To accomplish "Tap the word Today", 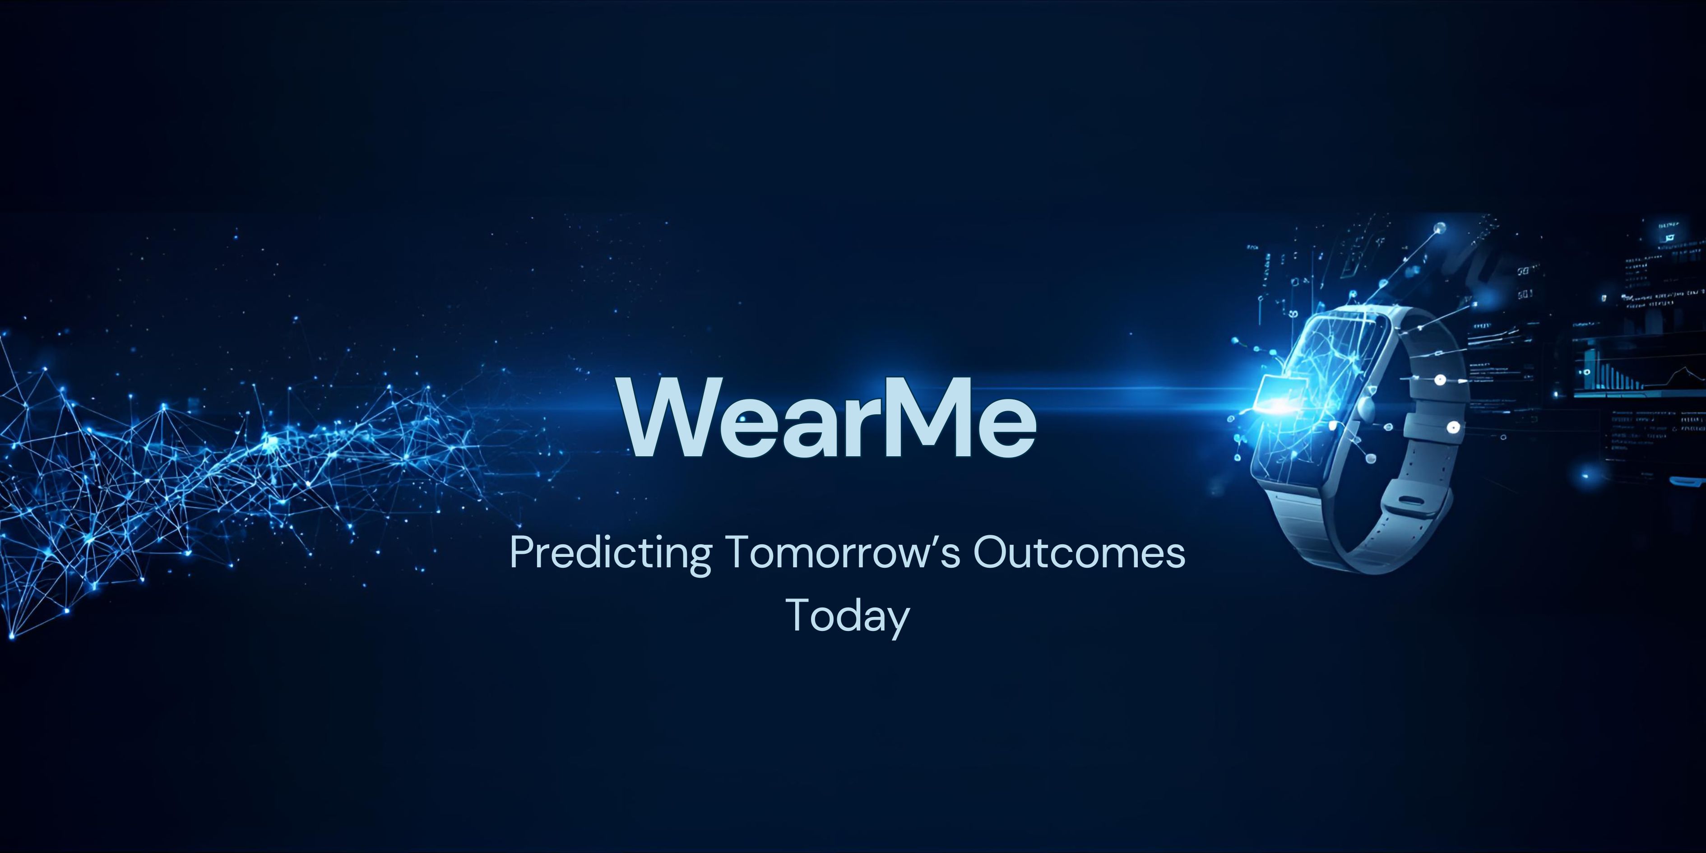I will pos(848,616).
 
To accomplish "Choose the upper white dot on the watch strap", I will pos(1441,380).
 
